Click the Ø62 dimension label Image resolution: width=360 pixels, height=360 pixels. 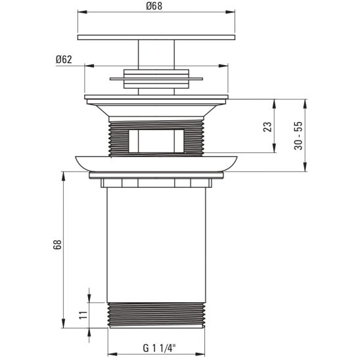click(64, 59)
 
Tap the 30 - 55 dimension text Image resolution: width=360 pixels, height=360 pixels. click(299, 135)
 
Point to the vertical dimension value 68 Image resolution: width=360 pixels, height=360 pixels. click(57, 244)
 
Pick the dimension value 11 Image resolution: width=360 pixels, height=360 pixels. click(83, 313)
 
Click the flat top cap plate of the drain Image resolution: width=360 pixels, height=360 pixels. click(156, 37)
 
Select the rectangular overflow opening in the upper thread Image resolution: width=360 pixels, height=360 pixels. click(156, 139)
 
